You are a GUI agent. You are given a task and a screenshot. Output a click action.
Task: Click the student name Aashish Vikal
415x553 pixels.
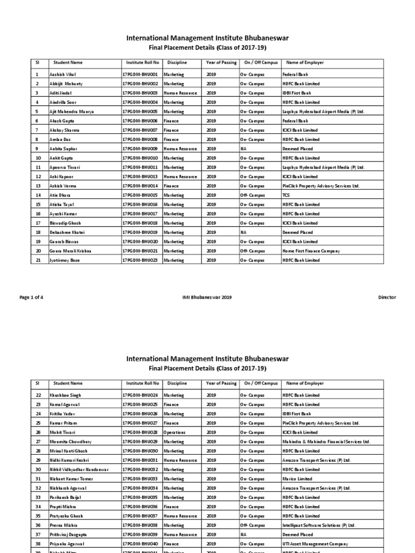[x=63, y=75]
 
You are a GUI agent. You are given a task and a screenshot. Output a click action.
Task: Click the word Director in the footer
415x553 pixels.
[x=387, y=297]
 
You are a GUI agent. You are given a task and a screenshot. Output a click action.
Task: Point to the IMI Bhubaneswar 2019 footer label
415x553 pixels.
[x=207, y=297]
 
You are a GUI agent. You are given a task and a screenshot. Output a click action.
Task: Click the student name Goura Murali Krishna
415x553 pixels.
[x=70, y=251]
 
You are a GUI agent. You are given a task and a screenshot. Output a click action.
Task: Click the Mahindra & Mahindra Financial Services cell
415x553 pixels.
[x=326, y=442]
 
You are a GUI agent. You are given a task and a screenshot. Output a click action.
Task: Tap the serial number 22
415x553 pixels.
[x=37, y=395]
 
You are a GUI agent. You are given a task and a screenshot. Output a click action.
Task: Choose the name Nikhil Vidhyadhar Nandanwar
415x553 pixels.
[x=79, y=470]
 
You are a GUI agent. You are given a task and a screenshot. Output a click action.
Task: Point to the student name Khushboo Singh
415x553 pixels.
[x=65, y=395]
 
